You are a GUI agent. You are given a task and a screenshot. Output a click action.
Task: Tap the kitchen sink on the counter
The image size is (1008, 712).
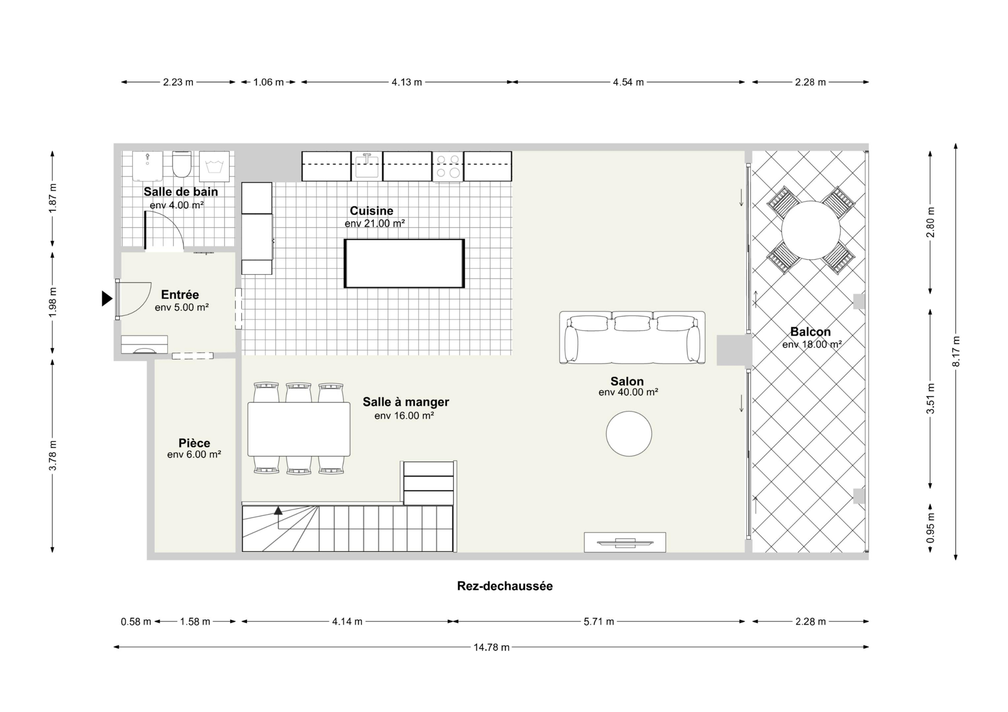click(x=367, y=166)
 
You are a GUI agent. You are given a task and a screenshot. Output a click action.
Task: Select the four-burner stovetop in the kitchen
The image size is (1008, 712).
click(x=448, y=166)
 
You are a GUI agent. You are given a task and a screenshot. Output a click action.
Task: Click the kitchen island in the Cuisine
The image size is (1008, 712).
click(x=404, y=263)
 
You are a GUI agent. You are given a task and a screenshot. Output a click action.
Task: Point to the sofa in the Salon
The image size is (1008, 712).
click(x=632, y=338)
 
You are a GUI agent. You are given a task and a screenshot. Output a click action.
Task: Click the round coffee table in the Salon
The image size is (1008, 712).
click(x=629, y=434)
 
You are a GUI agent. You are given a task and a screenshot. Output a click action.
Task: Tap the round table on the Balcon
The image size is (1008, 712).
click(x=810, y=230)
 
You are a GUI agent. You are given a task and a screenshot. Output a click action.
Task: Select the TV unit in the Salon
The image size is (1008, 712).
click(x=625, y=542)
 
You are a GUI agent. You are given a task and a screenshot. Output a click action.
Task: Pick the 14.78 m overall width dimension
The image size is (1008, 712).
click(x=491, y=647)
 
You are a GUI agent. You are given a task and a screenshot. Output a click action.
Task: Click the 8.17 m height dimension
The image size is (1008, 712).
click(x=956, y=351)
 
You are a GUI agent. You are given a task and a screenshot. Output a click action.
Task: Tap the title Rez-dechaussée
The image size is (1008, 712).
click(x=505, y=586)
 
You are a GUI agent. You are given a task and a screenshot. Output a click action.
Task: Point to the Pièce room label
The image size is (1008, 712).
click(x=194, y=443)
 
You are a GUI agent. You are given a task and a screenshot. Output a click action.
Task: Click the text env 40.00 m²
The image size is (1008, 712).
click(x=628, y=392)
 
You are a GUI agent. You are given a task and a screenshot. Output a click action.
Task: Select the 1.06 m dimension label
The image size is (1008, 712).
click(x=268, y=82)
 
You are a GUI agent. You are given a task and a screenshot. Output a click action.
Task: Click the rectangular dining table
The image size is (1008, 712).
click(x=299, y=430)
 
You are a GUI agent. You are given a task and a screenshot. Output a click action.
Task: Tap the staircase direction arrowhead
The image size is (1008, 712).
click(x=278, y=510)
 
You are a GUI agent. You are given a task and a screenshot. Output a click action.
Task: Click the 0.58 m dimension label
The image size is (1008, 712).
click(x=136, y=622)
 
